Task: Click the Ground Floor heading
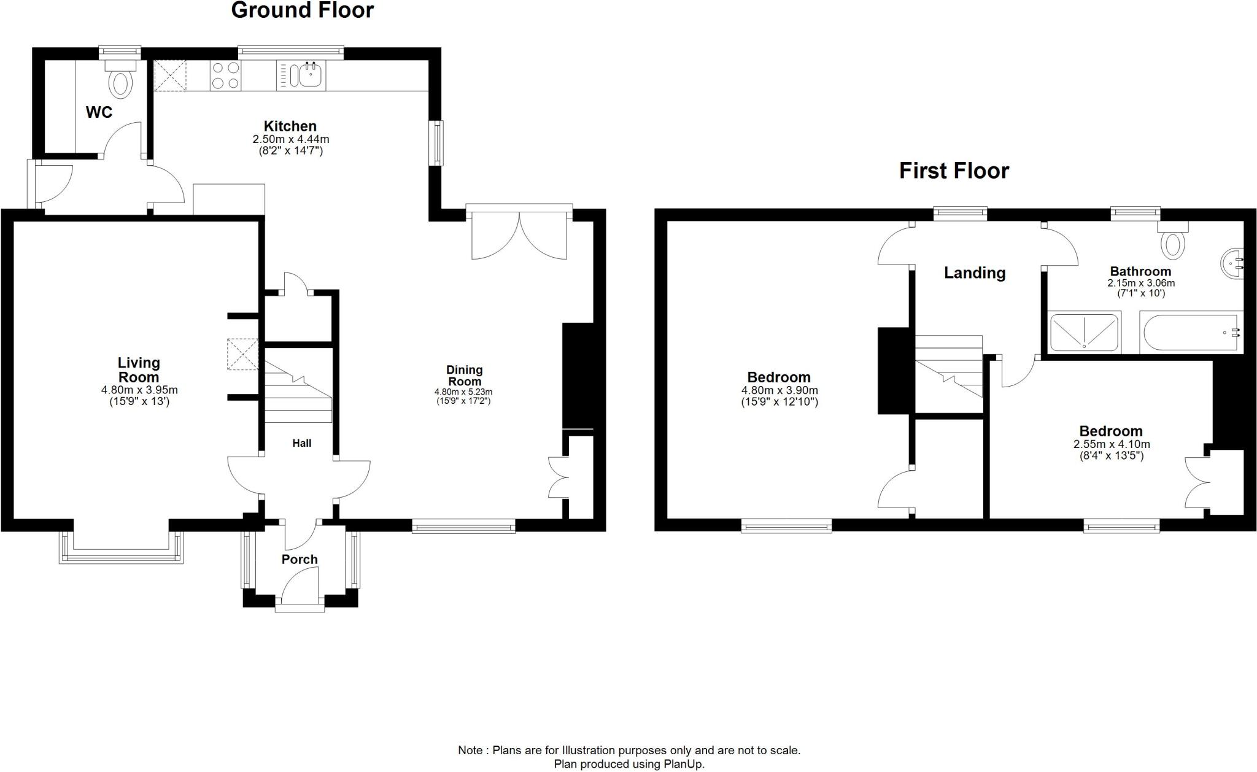click(302, 10)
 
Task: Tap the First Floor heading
click(954, 171)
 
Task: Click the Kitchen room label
click(290, 126)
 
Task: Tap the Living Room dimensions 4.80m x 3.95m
click(139, 390)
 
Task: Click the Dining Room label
click(464, 375)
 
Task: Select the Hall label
click(301, 443)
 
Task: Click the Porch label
click(300, 559)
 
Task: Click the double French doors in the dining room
click(519, 236)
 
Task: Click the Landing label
click(975, 273)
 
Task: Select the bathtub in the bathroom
click(1191, 333)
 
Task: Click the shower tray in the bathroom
click(1085, 333)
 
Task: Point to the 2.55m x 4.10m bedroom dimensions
click(1111, 444)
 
